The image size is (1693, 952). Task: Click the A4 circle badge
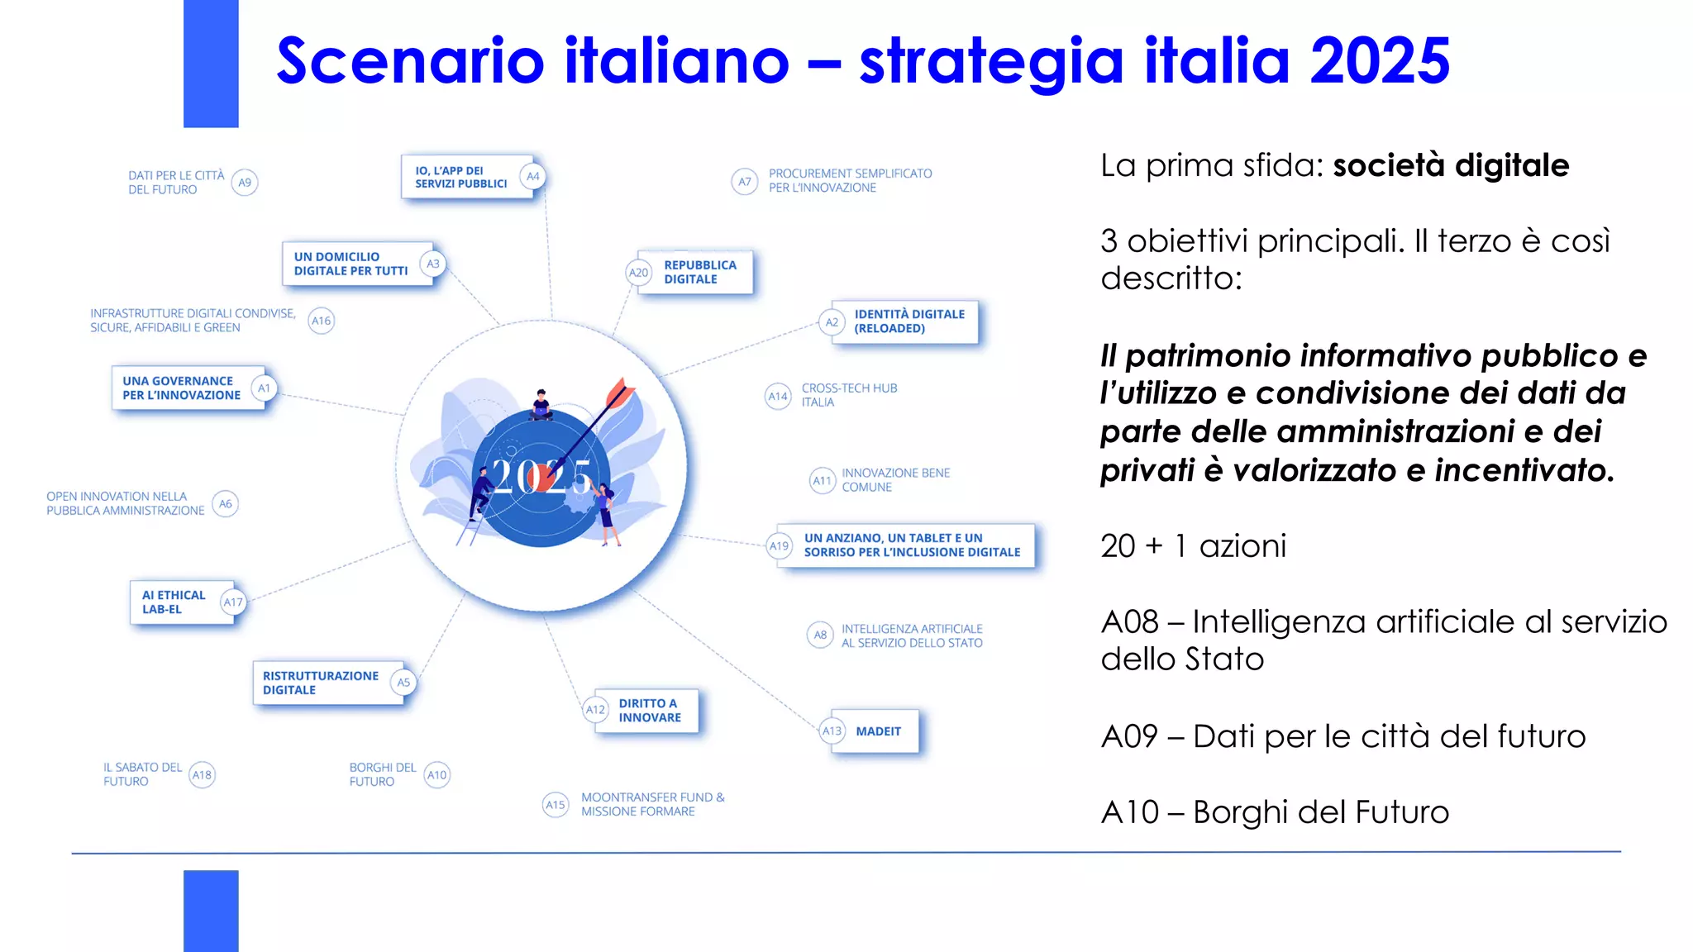coord(533,177)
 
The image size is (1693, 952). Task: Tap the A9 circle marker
coord(245,183)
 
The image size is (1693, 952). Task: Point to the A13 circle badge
coord(832,731)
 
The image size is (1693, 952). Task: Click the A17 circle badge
coord(233,602)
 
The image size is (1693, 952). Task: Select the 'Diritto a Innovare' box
coord(650,711)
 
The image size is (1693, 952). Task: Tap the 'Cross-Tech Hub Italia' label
coord(849,395)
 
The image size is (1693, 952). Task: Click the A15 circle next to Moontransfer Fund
coord(556,805)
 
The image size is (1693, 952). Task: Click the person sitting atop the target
coord(541,404)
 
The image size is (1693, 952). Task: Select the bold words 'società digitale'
coord(1451,165)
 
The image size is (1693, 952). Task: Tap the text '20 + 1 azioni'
coord(1193,546)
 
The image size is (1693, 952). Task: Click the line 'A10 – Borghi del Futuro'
coord(1275,812)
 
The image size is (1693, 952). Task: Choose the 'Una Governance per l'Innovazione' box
coord(182,388)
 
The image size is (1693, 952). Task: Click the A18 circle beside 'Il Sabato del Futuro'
coord(202,775)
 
